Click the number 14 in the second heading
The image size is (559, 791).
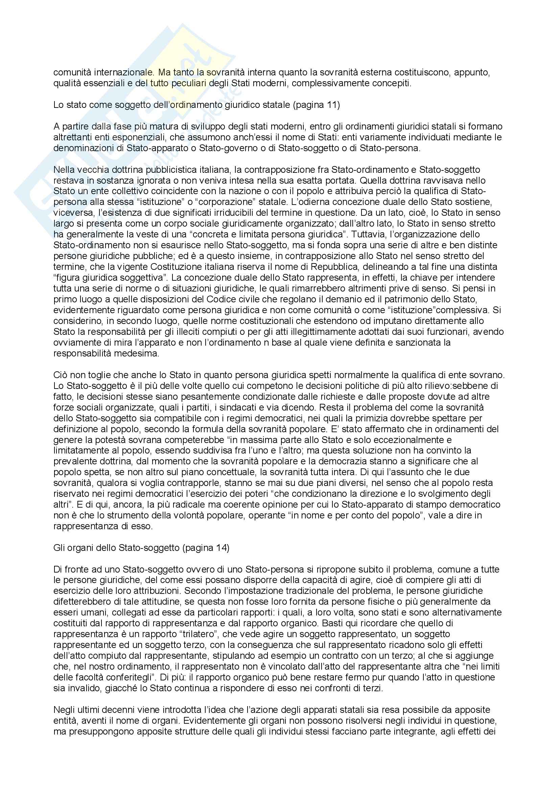click(220, 548)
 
